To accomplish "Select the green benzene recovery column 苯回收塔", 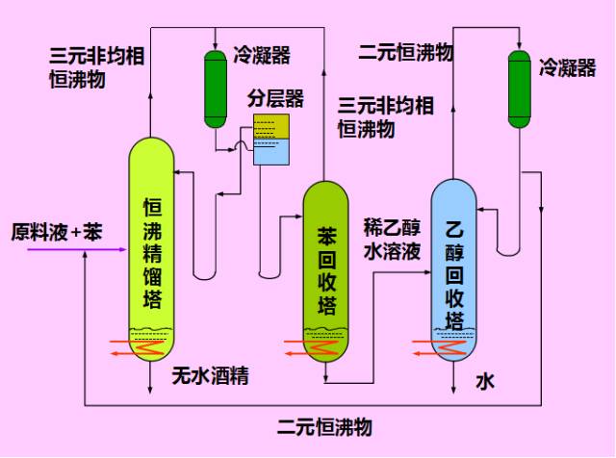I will coord(326,269).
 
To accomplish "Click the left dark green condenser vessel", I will coord(215,88).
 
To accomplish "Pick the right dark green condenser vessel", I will coord(520,88).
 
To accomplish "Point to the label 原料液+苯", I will coord(56,232).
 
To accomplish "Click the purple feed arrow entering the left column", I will coord(77,249).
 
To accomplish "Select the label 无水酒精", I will coord(211,376).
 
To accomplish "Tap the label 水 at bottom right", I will coord(485,382).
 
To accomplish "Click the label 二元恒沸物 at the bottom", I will coord(324,427).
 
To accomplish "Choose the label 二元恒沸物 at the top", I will coord(405,51).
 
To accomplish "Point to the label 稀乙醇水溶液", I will coord(392,240).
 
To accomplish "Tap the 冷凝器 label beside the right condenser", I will coord(568,68).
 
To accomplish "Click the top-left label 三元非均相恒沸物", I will coord(96,67).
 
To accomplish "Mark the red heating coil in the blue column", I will coord(448,345).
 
